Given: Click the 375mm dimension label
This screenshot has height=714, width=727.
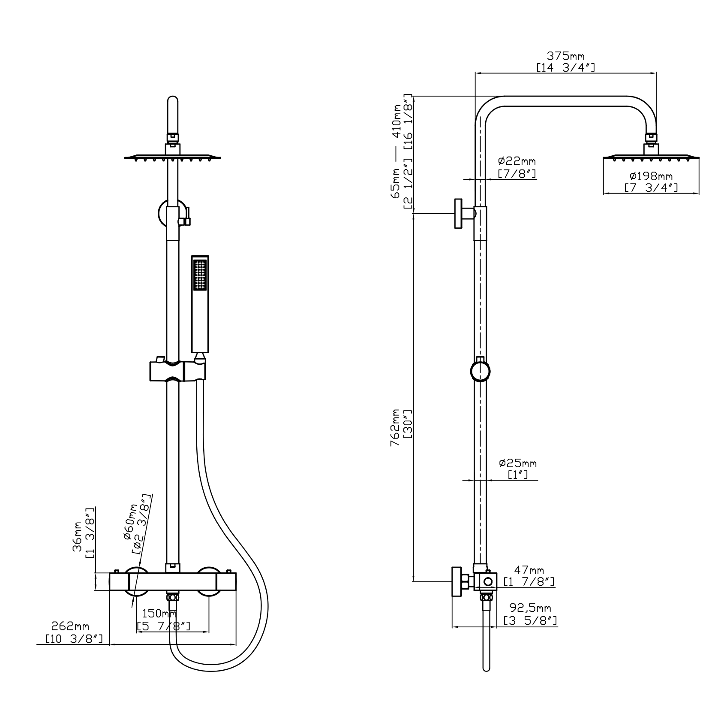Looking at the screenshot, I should [x=565, y=56].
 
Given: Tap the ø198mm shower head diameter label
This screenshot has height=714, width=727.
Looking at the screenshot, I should [x=651, y=176].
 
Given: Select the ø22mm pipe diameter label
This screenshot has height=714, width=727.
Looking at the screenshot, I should [x=517, y=161].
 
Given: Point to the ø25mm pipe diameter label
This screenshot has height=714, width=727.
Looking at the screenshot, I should [x=518, y=463].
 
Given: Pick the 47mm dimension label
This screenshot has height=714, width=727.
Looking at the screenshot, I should [x=529, y=571].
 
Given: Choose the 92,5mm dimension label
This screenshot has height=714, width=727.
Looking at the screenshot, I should [x=530, y=608].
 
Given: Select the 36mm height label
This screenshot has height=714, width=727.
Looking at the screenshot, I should [x=77, y=536].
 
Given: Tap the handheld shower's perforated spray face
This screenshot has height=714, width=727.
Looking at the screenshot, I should [x=200, y=275].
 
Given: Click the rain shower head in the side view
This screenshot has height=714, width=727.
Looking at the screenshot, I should [x=651, y=157].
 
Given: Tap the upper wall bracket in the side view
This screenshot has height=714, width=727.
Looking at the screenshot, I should [x=464, y=213].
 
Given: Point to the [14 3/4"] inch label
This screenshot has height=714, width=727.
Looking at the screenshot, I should [x=565, y=67].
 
